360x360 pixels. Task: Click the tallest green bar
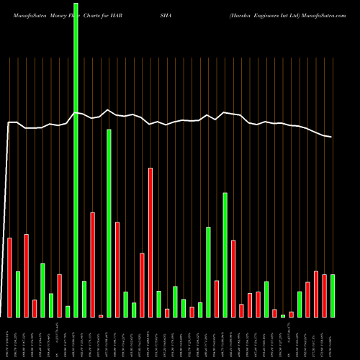(x=76, y=158)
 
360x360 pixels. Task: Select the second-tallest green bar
(x=109, y=223)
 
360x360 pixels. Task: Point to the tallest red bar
(x=150, y=242)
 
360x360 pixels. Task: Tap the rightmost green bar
(x=333, y=295)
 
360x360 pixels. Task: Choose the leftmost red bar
(x=9, y=277)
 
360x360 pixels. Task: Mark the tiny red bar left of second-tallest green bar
(x=101, y=315)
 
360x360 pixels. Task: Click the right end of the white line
(x=332, y=137)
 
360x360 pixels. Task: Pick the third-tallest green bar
(x=225, y=254)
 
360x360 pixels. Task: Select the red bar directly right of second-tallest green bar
(x=117, y=269)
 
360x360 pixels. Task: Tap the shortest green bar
(x=283, y=315)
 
